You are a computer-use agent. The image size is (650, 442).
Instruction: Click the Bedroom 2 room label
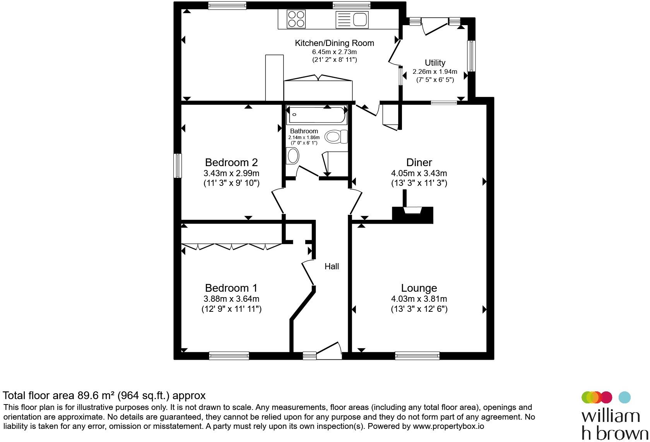tap(231, 162)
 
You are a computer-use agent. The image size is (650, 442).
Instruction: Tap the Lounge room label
tap(419, 288)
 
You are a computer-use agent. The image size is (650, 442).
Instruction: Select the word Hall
tap(332, 266)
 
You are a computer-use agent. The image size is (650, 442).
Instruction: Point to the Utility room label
tap(435, 63)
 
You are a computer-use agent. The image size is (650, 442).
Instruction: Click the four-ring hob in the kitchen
tap(296, 19)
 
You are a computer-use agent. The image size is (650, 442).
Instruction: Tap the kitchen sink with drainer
tap(352, 20)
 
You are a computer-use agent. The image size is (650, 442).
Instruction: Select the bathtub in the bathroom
tap(316, 114)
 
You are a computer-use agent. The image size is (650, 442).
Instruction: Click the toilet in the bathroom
tap(336, 136)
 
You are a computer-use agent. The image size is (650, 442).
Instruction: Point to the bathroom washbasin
tap(292, 156)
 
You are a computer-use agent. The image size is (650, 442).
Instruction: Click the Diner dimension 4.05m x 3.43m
tap(419, 173)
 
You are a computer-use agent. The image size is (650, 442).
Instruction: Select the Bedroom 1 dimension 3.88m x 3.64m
tap(231, 299)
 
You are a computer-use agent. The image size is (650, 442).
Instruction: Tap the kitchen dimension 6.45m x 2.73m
tap(334, 52)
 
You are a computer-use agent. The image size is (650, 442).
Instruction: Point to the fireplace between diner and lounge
tap(412, 214)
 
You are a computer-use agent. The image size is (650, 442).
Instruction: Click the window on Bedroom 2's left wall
tap(178, 165)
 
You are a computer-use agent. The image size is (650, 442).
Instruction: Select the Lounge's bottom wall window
tap(417, 355)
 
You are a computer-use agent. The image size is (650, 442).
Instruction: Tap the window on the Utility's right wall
tap(472, 56)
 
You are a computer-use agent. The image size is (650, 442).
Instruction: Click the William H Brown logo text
tap(614, 425)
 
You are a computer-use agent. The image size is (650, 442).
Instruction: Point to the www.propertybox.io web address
tap(448, 426)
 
